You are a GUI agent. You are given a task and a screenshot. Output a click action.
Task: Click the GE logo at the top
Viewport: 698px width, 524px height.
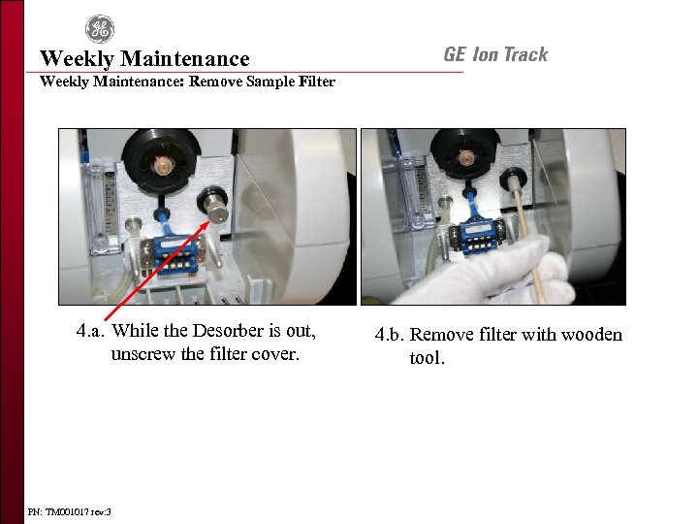[100, 29]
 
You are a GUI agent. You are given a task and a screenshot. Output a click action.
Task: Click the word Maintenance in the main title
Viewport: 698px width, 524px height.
[185, 58]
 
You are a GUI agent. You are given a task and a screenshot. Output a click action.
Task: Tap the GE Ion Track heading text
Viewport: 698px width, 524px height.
[496, 54]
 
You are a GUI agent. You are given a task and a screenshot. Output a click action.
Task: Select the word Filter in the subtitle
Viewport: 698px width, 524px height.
[316, 82]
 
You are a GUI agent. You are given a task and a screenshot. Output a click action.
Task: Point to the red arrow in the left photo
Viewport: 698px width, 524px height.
[156, 271]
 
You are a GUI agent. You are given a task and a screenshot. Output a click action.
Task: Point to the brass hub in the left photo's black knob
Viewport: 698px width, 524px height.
[160, 166]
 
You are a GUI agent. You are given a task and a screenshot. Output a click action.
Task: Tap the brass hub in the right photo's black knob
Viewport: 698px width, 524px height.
[465, 157]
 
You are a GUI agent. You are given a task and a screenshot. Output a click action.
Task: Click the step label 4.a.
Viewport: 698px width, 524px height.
[91, 331]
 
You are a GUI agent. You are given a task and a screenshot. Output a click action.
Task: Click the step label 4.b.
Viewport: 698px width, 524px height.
[390, 335]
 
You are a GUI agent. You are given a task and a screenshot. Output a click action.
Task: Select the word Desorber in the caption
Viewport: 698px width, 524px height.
[228, 331]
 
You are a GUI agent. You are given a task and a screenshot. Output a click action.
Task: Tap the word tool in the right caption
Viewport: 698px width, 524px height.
[427, 357]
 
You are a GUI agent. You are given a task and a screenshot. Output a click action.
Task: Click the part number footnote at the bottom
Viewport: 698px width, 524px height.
[69, 512]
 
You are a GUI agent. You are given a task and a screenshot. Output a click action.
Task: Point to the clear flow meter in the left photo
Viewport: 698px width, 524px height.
[99, 208]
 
